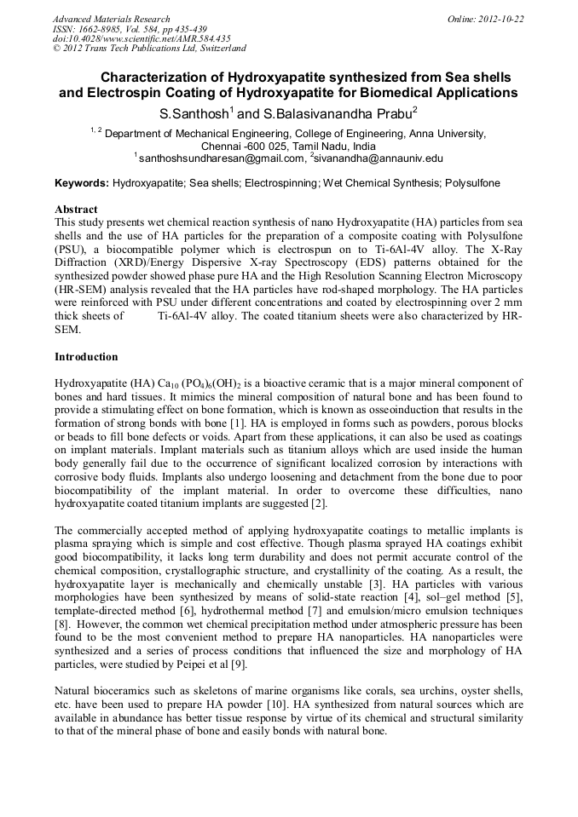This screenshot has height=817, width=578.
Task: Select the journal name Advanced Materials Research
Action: click(111, 19)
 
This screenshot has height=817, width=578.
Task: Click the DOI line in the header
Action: click(142, 39)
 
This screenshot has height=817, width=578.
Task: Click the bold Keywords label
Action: click(82, 183)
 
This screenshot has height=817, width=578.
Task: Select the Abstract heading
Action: click(76, 209)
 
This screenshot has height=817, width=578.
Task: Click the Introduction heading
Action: click(86, 356)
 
